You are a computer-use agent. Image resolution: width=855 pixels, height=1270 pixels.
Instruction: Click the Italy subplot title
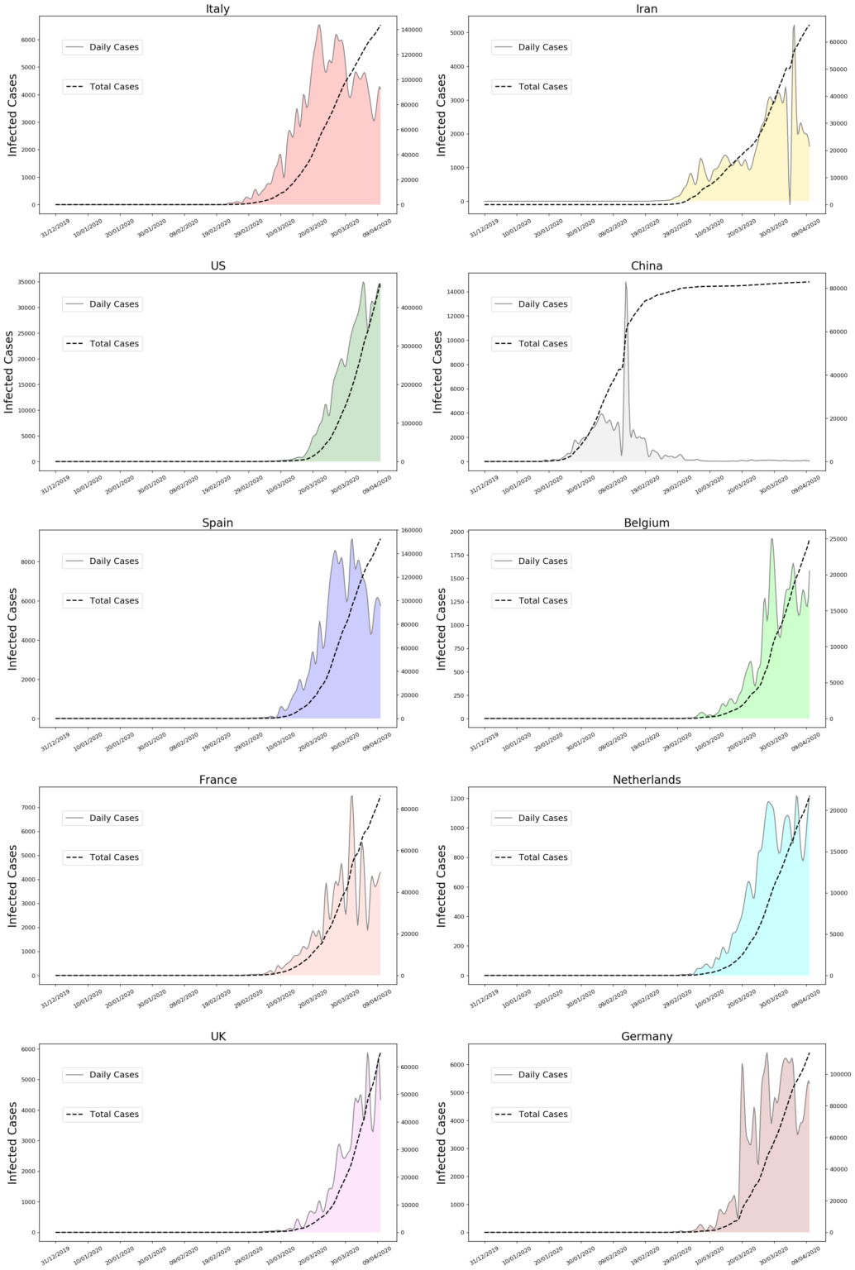click(217, 9)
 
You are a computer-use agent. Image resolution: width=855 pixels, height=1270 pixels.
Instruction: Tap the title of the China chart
click(647, 266)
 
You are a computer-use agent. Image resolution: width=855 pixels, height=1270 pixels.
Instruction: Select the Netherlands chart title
click(647, 780)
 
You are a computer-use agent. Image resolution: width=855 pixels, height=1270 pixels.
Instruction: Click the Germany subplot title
click(647, 1037)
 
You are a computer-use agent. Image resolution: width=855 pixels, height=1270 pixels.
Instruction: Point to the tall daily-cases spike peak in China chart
click(626, 283)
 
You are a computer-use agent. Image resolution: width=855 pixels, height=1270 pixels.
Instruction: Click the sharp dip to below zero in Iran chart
click(790, 203)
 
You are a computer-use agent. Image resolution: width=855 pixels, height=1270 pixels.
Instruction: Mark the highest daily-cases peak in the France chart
click(351, 797)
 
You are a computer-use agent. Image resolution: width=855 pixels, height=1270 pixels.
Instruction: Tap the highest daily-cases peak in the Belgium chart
click(772, 540)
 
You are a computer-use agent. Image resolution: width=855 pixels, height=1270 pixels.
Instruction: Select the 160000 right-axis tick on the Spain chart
click(411, 530)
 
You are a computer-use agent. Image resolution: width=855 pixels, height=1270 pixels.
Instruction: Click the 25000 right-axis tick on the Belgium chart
click(838, 539)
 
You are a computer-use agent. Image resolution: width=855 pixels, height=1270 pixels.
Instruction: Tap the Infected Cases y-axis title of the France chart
click(12, 885)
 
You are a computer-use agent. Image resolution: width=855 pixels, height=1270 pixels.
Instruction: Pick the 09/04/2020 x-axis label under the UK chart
click(379, 1253)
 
